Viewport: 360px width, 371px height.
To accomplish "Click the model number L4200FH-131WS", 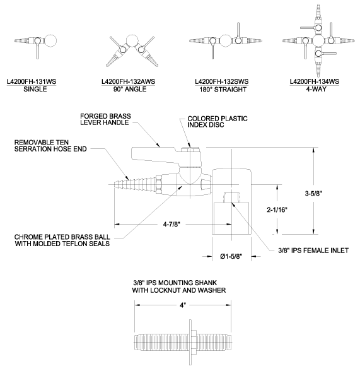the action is (32, 81).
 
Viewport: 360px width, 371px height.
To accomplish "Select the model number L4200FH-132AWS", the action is (129, 81).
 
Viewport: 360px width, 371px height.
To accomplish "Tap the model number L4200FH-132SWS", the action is (222, 81).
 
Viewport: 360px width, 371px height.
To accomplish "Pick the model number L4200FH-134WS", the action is (315, 81).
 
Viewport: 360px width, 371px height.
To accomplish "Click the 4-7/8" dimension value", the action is (171, 224).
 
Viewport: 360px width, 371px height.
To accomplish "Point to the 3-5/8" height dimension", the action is (313, 194).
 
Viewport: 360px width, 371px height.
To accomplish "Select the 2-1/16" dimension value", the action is (277, 209).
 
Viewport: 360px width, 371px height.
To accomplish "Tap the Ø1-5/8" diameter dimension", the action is (231, 256).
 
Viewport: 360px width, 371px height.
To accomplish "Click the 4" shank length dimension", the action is (183, 305).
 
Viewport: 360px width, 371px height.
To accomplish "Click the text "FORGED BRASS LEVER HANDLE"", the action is (105, 119).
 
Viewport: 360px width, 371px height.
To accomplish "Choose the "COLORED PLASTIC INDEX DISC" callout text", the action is (218, 122).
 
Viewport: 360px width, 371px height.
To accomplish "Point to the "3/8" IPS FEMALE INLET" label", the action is (313, 250).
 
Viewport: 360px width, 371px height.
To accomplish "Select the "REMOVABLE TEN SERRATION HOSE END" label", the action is (50, 146).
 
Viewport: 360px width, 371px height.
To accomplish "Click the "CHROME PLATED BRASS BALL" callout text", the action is (62, 237).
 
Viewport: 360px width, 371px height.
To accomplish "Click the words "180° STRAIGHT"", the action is (223, 90).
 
